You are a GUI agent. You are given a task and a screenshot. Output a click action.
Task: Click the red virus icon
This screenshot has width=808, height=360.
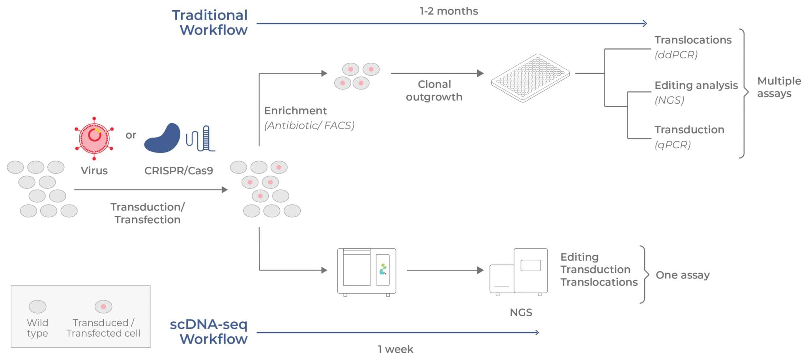pos(94,138)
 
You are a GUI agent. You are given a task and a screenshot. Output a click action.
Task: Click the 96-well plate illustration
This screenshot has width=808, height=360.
pos(530,78)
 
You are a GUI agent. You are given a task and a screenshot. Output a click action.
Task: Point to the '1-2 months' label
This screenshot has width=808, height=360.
pos(449,11)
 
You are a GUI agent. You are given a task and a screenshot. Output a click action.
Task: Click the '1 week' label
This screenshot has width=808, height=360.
pos(395,349)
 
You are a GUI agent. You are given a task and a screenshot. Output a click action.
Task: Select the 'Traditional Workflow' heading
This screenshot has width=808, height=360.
pos(210,22)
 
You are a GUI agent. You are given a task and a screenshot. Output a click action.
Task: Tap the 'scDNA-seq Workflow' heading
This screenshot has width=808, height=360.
pos(209,332)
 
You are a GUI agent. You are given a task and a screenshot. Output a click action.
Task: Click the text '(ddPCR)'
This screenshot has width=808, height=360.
pos(676,55)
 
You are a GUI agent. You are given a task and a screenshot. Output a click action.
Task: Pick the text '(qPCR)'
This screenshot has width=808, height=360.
pos(673,145)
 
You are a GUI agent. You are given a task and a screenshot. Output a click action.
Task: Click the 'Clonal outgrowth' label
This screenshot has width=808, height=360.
pos(434,90)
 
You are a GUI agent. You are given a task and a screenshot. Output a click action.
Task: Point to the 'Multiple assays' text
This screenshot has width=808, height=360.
pos(778,87)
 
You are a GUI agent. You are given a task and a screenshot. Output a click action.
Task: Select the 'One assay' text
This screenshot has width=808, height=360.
pos(683,275)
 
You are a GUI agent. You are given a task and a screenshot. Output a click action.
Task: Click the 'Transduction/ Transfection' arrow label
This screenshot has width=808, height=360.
pos(148,213)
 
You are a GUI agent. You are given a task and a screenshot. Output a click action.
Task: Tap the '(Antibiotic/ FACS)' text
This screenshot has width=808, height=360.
pos(309,125)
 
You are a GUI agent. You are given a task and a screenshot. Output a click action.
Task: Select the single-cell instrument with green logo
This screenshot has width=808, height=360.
pos(367,271)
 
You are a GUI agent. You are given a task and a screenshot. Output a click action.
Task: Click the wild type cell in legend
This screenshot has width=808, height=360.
pos(37,306)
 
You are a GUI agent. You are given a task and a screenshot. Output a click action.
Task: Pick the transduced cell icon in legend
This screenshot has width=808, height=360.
pos(103,306)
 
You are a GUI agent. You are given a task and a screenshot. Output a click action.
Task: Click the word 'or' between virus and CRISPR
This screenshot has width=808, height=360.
pos(131,135)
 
